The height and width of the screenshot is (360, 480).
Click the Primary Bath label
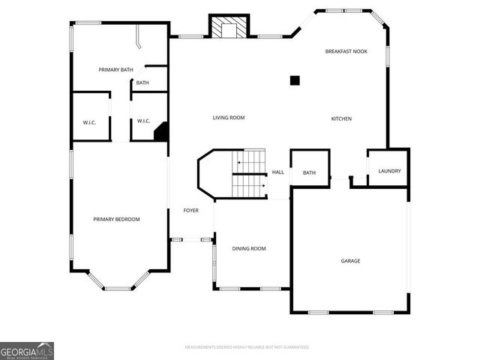click(x=115, y=70)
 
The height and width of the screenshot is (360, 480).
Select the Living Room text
click(x=228, y=118)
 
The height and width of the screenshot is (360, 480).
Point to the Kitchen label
click(x=341, y=119)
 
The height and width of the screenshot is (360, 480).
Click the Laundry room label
click(x=389, y=171)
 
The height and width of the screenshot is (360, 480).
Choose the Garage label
click(x=350, y=261)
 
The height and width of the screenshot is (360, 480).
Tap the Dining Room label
click(x=248, y=249)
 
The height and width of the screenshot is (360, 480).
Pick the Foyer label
click(x=191, y=211)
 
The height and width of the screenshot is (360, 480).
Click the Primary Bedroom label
click(x=116, y=219)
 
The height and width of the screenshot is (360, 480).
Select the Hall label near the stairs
click(x=277, y=172)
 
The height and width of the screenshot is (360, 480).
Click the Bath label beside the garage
click(x=309, y=173)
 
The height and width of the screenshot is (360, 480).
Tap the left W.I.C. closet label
click(x=89, y=121)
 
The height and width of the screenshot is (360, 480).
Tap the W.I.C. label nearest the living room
click(x=144, y=121)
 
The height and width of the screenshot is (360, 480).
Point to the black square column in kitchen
click(x=295, y=80)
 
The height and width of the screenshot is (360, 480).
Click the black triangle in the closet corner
click(x=160, y=133)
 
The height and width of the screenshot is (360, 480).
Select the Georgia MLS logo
click(x=27, y=351)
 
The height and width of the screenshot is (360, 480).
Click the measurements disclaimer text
click(x=247, y=347)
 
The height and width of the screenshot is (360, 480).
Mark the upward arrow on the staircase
click(x=239, y=160)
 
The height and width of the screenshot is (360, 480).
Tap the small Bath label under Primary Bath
click(x=142, y=82)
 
